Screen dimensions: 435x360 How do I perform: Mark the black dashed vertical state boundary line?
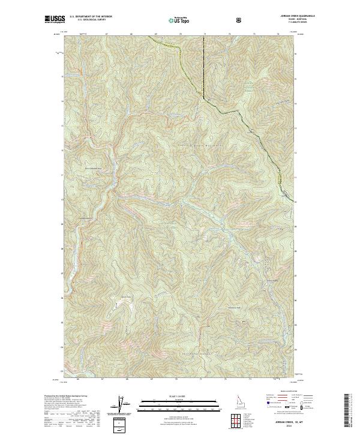point(203,66)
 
